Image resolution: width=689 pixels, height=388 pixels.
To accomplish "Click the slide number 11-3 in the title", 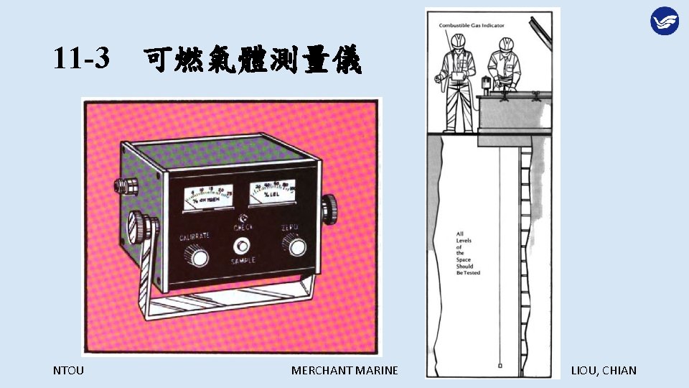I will tap(81, 59).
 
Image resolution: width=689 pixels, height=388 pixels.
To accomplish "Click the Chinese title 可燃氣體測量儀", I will tap(253, 60).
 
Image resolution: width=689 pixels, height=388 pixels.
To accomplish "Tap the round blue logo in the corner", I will tap(664, 20).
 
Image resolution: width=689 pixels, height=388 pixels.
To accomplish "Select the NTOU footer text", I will tap(68, 371).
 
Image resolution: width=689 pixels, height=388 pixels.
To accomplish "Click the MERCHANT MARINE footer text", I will tap(344, 371).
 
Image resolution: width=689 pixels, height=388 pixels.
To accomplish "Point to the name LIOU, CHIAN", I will tap(603, 371).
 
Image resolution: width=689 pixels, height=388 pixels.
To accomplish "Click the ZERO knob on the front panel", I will tap(295, 248).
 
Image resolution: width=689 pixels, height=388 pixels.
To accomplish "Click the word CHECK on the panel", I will tap(243, 228).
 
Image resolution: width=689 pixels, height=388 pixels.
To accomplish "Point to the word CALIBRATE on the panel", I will tap(194, 236).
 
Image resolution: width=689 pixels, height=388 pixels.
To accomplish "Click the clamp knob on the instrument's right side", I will tap(329, 208).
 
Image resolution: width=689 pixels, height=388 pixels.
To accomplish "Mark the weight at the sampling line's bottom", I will tap(500, 366).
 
